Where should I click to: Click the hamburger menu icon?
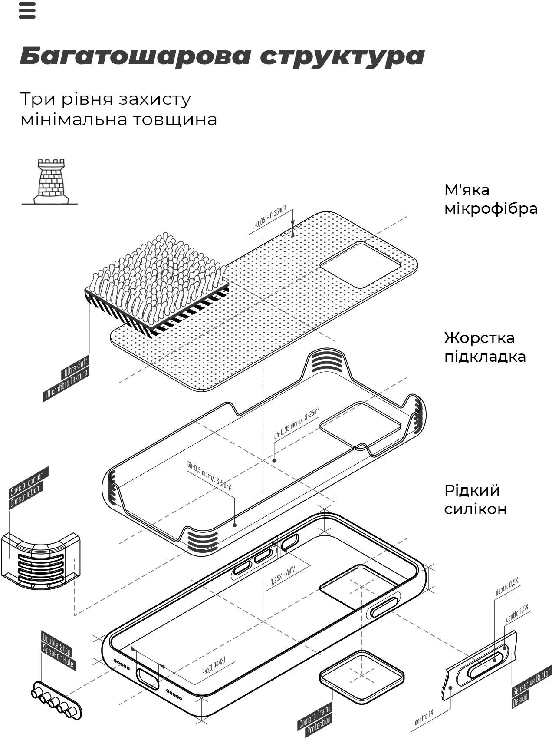[27, 10]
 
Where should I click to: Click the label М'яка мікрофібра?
[490, 199]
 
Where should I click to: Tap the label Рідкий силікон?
[475, 499]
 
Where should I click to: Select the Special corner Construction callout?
[28, 488]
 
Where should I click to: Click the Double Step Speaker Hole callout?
[58, 650]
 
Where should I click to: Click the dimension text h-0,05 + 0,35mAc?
[269, 219]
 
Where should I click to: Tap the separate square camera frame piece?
[361, 676]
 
